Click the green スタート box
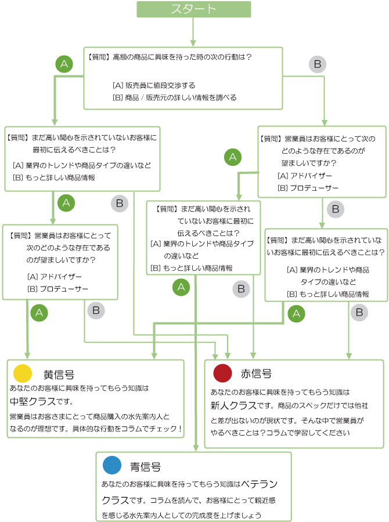tap(194, 9)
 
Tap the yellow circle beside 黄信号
tap(22, 373)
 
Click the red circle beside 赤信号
tap(222, 373)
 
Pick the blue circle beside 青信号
tap(111, 466)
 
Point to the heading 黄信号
tap(59, 374)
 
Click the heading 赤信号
tap(256, 374)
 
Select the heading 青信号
tap(145, 466)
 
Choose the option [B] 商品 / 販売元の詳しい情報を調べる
tap(174, 97)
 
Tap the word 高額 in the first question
tap(121, 57)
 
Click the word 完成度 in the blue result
tap(203, 515)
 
